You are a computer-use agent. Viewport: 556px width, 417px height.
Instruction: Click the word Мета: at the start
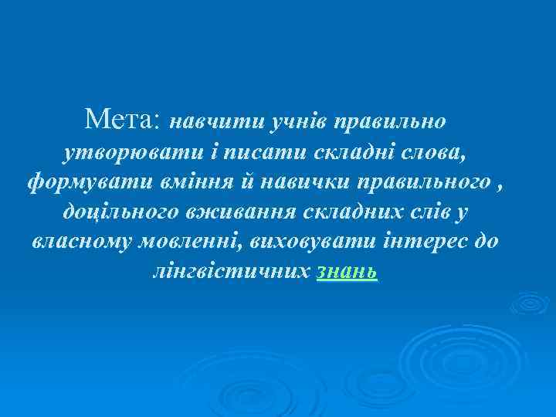123,120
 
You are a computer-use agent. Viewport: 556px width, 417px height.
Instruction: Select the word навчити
212,122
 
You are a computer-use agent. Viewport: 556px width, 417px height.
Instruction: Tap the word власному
81,242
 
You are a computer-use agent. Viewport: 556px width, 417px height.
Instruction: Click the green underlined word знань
347,273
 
